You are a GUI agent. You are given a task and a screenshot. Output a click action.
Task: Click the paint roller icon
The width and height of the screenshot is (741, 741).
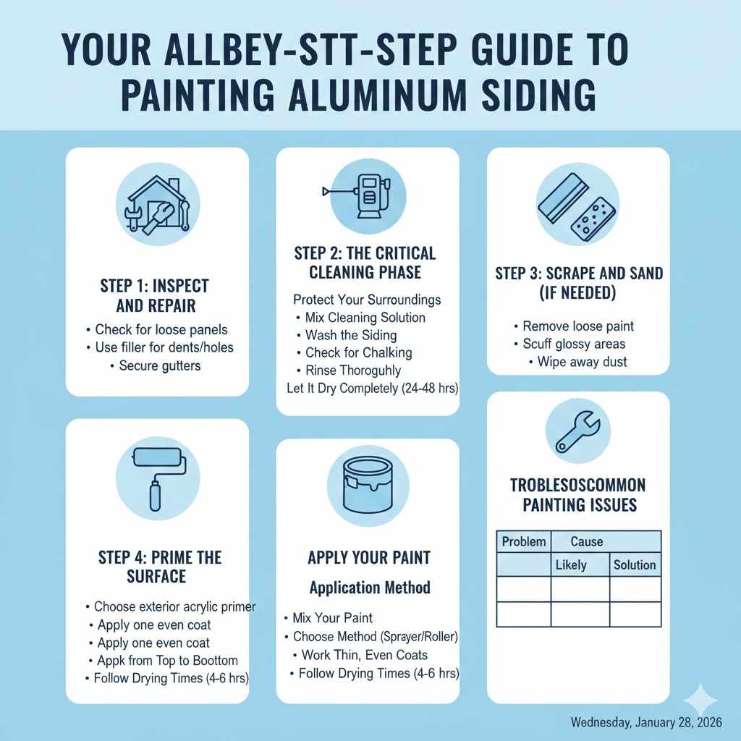tap(157, 477)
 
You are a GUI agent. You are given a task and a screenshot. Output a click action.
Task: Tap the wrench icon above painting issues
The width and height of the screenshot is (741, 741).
tap(577, 431)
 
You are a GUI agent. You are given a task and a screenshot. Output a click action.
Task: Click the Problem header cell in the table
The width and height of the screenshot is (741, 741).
tap(524, 541)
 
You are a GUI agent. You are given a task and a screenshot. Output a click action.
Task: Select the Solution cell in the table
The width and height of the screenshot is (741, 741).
tap(635, 564)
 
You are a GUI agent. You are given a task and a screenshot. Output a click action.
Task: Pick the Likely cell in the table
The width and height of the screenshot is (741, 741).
tap(571, 564)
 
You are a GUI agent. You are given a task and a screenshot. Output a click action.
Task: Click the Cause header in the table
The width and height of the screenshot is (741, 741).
tap(587, 541)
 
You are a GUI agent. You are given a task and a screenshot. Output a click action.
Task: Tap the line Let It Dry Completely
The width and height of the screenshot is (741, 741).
tap(367, 389)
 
